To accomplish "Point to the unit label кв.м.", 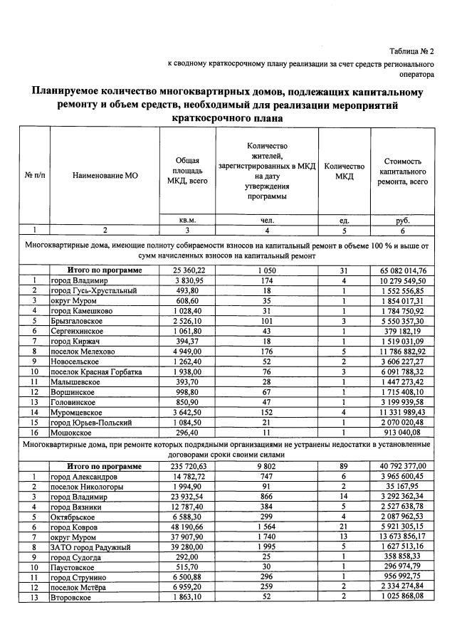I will click(x=187, y=220).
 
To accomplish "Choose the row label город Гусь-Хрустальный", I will click(x=92, y=290).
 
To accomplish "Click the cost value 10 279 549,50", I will click(x=404, y=280).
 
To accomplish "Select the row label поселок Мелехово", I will click(x=82, y=351).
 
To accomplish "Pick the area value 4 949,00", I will click(x=189, y=351).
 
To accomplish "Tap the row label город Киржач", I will click(x=75, y=341).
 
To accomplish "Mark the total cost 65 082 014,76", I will click(x=404, y=270).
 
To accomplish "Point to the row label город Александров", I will click(x=82, y=476).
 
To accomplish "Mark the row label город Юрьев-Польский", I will click(x=90, y=421).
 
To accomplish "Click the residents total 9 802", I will click(x=268, y=466).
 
